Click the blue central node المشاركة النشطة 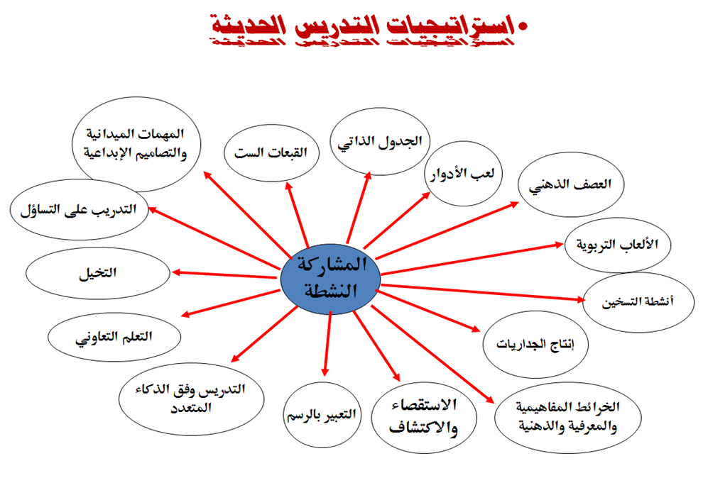(329, 278)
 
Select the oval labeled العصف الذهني (570, 184)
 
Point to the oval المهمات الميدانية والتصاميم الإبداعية (137, 145)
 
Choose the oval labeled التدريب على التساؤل (80, 209)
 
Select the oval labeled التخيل (98, 272)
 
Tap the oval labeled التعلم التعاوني (114, 335)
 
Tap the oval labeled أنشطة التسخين (638, 302)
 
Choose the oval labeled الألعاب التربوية (616, 245)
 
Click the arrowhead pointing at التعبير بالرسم (325, 372)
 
